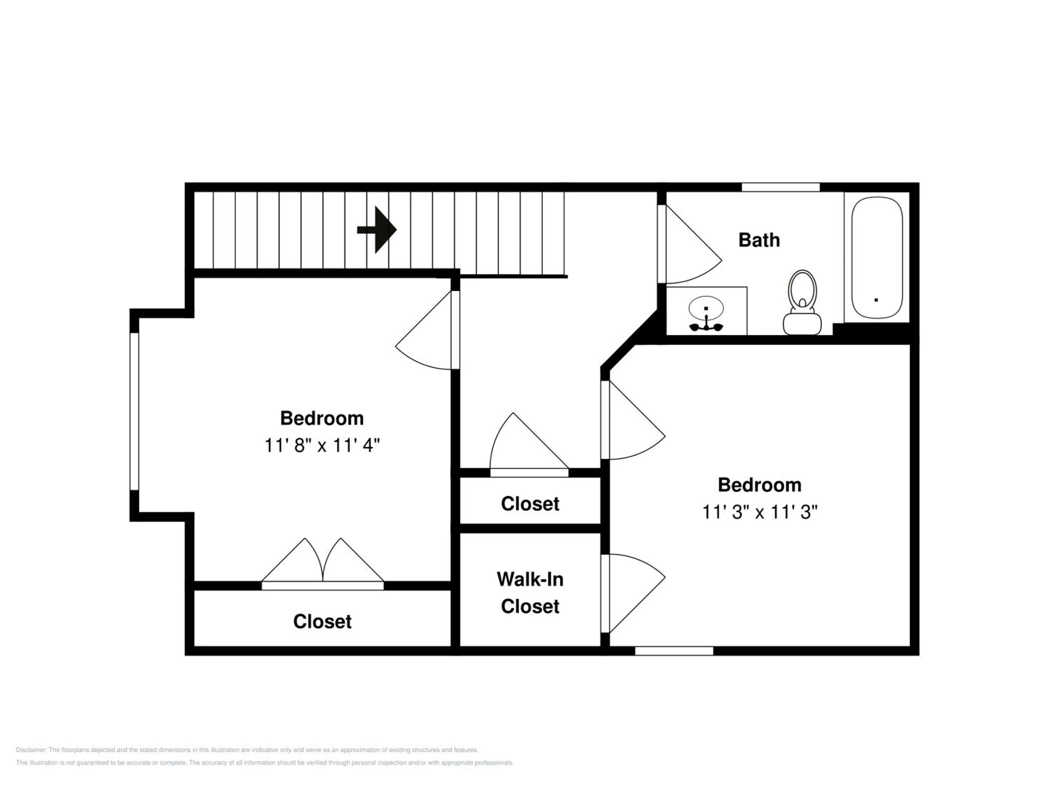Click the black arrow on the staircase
(377, 229)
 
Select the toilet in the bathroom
(802, 302)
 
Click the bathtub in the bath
(877, 257)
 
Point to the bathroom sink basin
(706, 307)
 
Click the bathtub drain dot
(876, 300)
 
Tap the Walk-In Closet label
(530, 593)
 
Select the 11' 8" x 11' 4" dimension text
(322, 446)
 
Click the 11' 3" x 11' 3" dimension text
(760, 512)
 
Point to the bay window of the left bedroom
(134, 411)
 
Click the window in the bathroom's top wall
(780, 187)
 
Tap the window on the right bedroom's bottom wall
(674, 651)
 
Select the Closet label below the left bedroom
(322, 622)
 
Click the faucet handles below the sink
(706, 326)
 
